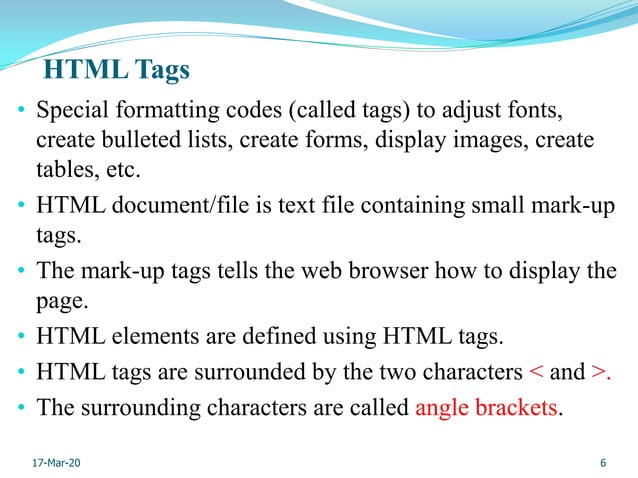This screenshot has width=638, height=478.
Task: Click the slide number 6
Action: pos(604,463)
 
